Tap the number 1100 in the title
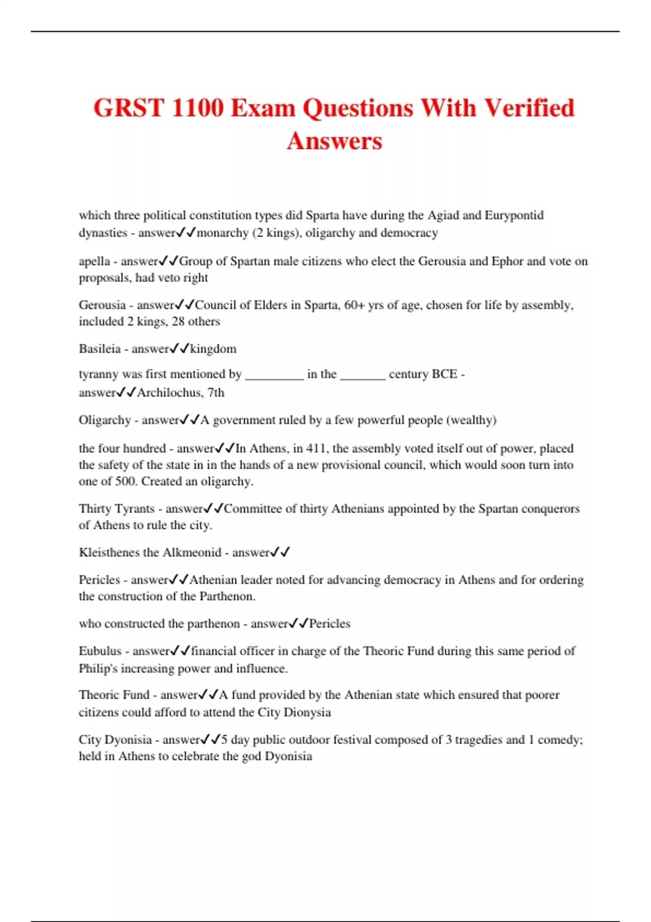pyautogui.click(x=197, y=107)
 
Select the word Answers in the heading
pyautogui.click(x=335, y=141)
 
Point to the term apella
pyautogui.click(x=94, y=261)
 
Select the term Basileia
pyautogui.click(x=99, y=349)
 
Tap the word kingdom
pyautogui.click(x=213, y=349)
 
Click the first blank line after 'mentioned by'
pyautogui.click(x=275, y=375)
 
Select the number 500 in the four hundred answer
pyautogui.click(x=125, y=482)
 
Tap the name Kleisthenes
pyautogui.click(x=109, y=553)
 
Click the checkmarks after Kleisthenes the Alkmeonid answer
pyautogui.click(x=280, y=553)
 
